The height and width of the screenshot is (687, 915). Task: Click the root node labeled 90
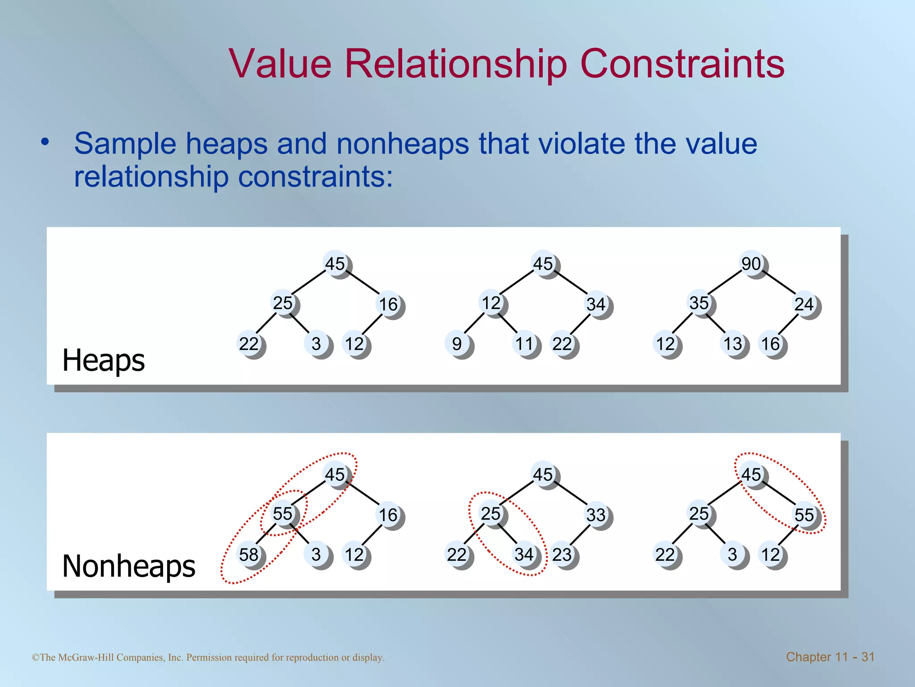(x=752, y=264)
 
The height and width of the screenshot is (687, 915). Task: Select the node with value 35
(x=700, y=303)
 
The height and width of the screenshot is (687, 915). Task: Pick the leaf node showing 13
(x=733, y=344)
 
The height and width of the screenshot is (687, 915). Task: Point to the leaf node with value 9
(x=457, y=344)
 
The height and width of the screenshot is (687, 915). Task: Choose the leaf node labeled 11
(x=525, y=344)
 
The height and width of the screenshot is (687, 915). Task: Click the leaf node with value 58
(x=249, y=555)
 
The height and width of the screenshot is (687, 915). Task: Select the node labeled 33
(x=596, y=515)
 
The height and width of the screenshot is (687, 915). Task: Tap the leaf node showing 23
(x=562, y=555)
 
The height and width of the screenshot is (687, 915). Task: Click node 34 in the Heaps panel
(x=596, y=305)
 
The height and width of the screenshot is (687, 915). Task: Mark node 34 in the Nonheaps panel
(x=525, y=555)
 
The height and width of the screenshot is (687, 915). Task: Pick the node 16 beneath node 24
(x=771, y=344)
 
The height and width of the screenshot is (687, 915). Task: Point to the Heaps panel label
(x=104, y=360)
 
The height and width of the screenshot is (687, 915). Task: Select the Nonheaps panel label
(x=129, y=566)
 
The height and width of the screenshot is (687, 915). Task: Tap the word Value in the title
(x=280, y=64)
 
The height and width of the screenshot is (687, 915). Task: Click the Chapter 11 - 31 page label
(x=830, y=657)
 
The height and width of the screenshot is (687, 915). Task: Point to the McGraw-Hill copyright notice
(x=208, y=657)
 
